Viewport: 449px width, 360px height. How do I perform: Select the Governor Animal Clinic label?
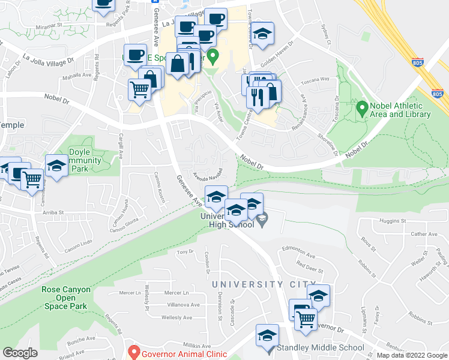coord(184,353)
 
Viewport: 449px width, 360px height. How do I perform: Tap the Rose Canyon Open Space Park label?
coord(66,298)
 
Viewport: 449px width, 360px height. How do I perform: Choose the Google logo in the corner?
coord(20,352)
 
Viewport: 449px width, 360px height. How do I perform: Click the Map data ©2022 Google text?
coord(411,355)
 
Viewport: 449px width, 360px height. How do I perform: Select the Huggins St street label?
coord(393,221)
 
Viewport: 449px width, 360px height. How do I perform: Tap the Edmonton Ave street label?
coord(298,255)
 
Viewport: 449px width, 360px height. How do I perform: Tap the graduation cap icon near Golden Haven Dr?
coord(262,34)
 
